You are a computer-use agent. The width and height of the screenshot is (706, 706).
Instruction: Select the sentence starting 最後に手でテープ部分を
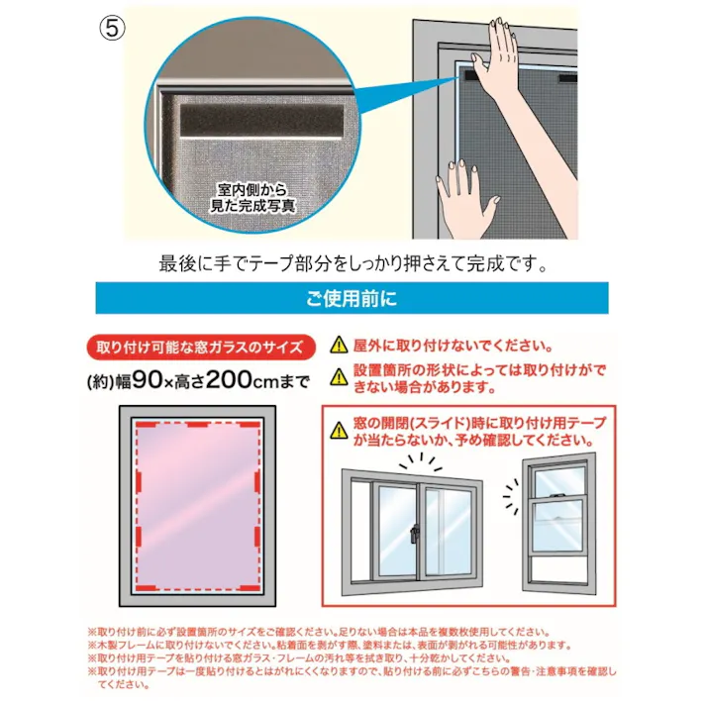click(x=353, y=265)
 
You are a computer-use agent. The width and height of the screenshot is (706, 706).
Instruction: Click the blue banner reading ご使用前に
click(x=353, y=297)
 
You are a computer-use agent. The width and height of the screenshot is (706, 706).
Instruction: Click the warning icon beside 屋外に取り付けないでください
click(x=339, y=346)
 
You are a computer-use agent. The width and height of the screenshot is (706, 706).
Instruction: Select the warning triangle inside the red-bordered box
click(x=340, y=426)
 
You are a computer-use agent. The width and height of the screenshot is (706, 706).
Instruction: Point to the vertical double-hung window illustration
click(x=560, y=525)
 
